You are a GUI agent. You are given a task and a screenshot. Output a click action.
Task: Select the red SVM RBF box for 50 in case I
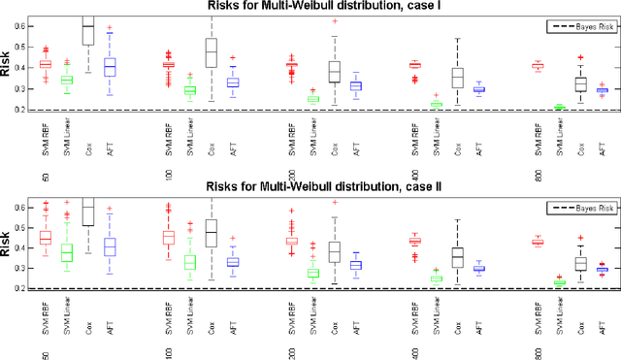click(45, 64)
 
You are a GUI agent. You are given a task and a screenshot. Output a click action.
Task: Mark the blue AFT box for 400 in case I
click(478, 89)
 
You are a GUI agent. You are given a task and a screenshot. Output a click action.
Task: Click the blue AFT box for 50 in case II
click(110, 247)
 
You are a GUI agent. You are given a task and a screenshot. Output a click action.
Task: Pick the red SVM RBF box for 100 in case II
click(168, 237)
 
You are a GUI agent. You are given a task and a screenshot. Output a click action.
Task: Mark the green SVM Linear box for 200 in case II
click(313, 273)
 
